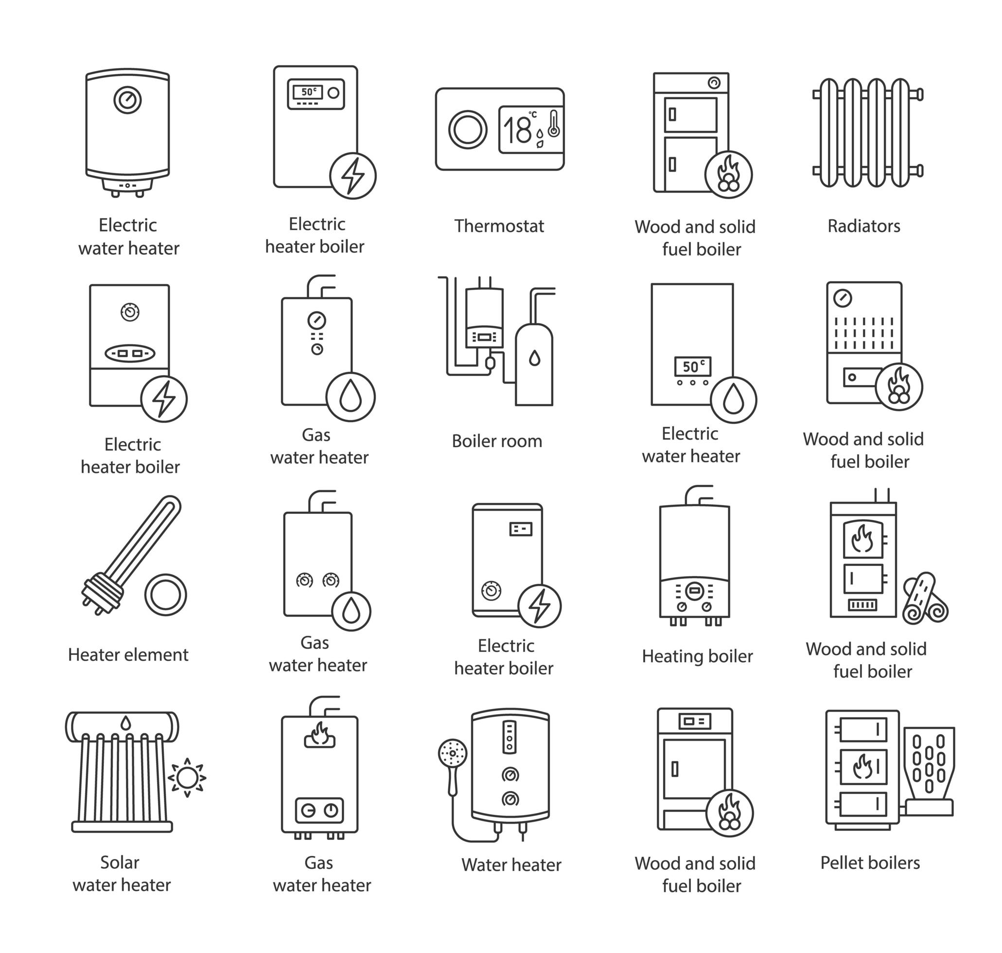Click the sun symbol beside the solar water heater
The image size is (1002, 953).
tap(187, 778)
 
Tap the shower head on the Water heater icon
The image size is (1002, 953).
tap(452, 753)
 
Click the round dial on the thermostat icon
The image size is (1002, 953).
tap(467, 129)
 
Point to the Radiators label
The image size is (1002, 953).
tap(863, 226)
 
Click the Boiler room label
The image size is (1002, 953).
tap(497, 441)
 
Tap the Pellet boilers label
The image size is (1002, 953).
tap(869, 863)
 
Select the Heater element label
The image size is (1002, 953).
tap(128, 655)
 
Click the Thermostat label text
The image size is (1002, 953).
tap(499, 226)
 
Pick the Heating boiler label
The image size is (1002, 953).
tap(697, 656)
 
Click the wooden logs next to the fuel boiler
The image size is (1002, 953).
tap(925, 599)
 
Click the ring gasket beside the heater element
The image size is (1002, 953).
tap(166, 595)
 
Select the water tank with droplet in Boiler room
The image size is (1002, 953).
tap(534, 365)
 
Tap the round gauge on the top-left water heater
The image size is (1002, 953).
tap(127, 100)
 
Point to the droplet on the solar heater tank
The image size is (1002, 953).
tap(125, 723)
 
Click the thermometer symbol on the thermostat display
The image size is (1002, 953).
tap(554, 124)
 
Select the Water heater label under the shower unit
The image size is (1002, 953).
tap(511, 865)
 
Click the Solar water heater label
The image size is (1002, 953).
tap(122, 874)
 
